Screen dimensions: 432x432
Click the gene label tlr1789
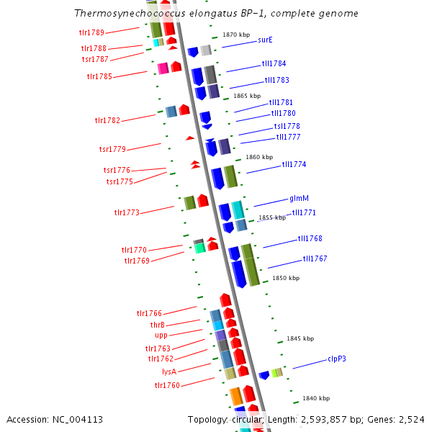coord(91,32)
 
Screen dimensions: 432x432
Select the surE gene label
coord(265,40)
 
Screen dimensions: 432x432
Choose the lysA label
coord(169,372)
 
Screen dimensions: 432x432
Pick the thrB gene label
coord(158,325)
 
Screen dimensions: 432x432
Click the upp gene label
coord(161,335)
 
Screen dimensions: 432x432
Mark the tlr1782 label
coord(107,120)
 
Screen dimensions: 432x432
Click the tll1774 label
coord(294,164)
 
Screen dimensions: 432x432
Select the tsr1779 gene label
coord(112,149)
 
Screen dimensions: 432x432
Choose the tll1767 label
coord(315,258)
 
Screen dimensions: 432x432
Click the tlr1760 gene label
coord(167,385)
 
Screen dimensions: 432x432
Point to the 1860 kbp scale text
coord(259,157)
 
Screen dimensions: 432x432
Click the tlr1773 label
coord(127,212)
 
